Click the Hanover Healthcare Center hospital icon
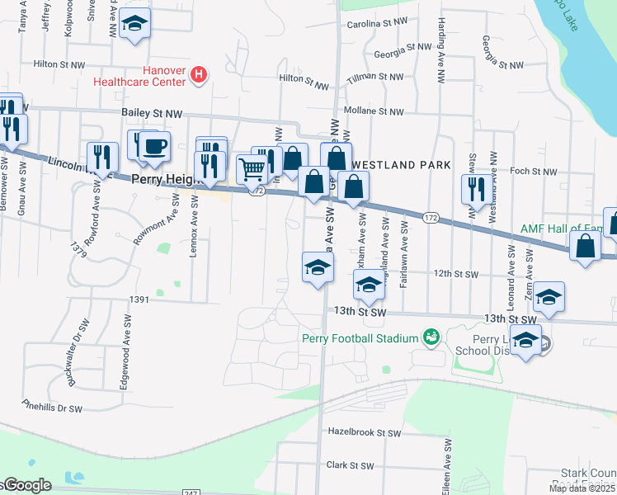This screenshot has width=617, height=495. pyautogui.click(x=198, y=76)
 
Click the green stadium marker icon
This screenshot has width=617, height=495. pyautogui.click(x=430, y=337)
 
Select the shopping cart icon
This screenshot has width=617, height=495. pyautogui.click(x=252, y=169)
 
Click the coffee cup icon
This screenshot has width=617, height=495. pyautogui.click(x=153, y=147)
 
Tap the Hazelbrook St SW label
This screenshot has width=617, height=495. pyautogui.click(x=364, y=432)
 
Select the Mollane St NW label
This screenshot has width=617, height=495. pyautogui.click(x=374, y=111)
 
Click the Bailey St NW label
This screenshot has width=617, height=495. pyautogui.click(x=152, y=117)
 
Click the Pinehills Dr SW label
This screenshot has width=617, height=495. pyautogui.click(x=53, y=407)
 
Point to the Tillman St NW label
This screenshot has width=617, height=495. pyautogui.click(x=375, y=77)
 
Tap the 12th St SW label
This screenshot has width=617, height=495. pyautogui.click(x=453, y=274)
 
